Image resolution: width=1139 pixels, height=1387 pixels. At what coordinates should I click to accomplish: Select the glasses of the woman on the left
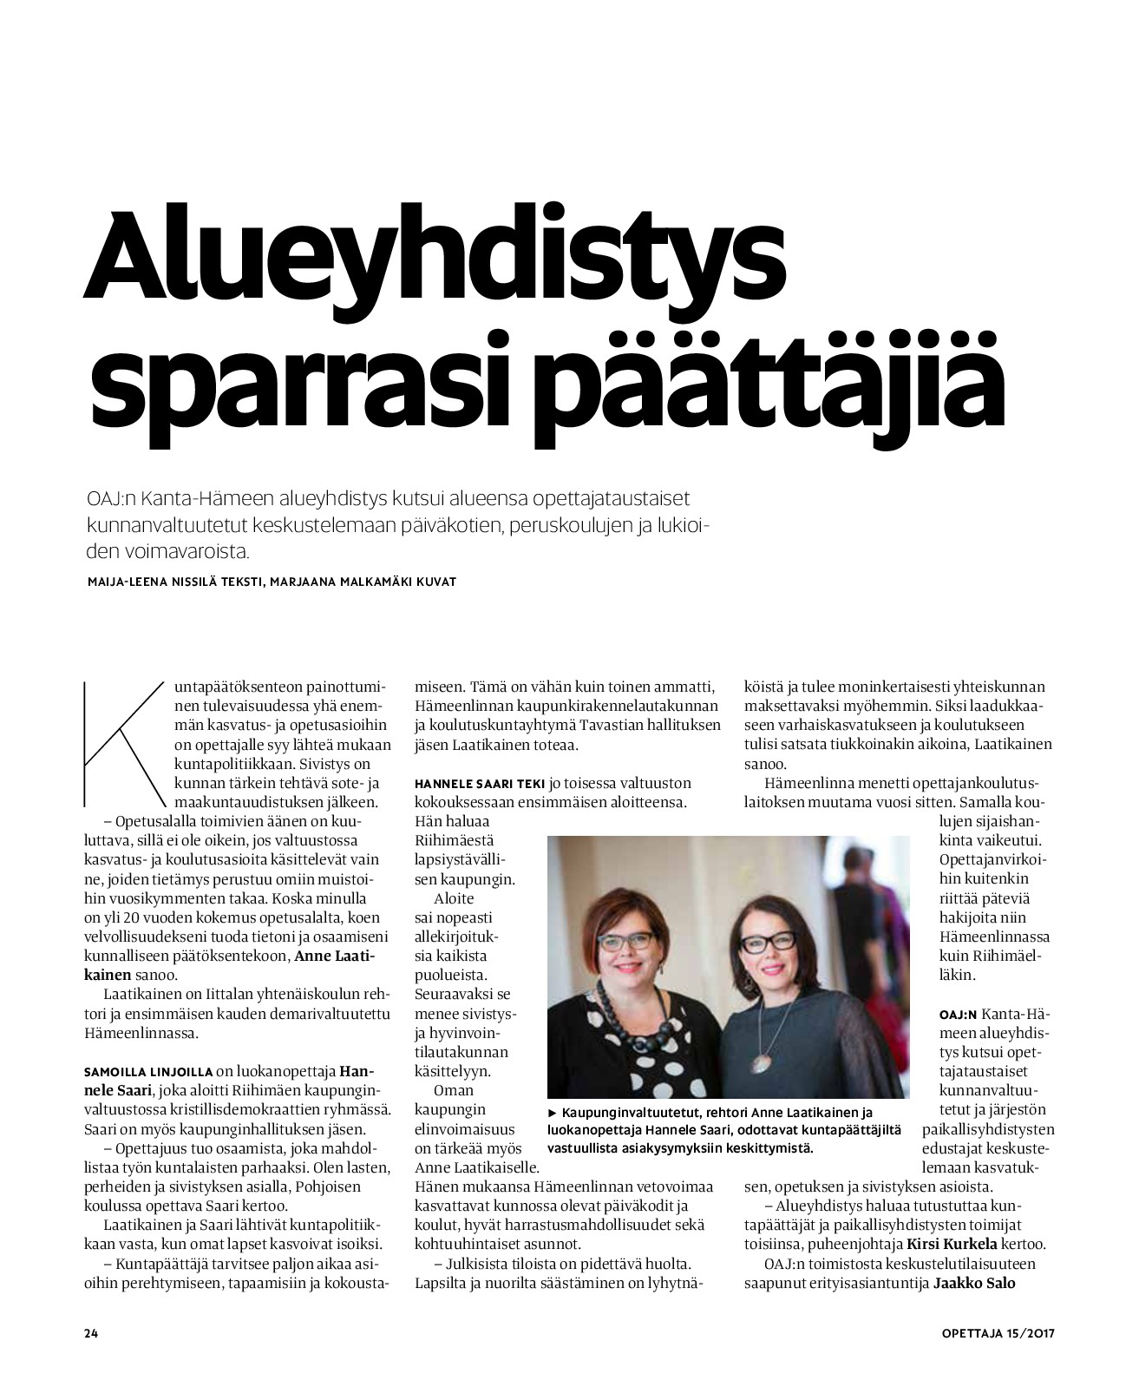click(632, 941)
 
